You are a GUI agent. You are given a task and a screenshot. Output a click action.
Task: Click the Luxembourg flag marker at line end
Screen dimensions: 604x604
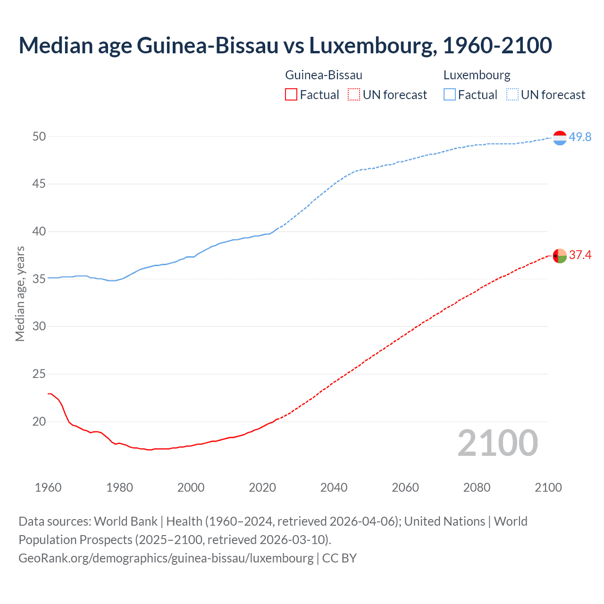[x=560, y=138]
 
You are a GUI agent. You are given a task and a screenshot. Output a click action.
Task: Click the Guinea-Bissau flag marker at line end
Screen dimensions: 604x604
[x=560, y=256]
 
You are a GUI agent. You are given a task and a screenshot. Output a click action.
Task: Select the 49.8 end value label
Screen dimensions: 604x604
[x=580, y=137]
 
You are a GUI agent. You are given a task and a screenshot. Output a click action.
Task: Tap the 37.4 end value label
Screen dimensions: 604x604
[x=580, y=255]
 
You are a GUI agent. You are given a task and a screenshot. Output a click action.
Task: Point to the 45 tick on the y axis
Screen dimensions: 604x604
[x=39, y=184]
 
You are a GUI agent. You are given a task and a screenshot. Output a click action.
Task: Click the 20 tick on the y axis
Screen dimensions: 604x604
[x=39, y=421]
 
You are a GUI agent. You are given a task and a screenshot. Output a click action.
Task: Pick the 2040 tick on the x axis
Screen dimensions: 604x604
[x=334, y=487]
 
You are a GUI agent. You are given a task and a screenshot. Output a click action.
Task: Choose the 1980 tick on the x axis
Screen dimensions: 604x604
[x=119, y=487]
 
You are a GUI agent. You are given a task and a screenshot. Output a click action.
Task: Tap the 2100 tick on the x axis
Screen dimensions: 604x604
[x=548, y=487]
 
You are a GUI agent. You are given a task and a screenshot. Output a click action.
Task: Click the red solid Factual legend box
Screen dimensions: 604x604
[x=291, y=95]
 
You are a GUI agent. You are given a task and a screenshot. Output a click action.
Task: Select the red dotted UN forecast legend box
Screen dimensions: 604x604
[x=354, y=95]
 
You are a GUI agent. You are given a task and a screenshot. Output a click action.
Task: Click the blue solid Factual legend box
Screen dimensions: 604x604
[x=449, y=95]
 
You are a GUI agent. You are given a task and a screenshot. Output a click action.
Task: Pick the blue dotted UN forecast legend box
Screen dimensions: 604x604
[x=512, y=95]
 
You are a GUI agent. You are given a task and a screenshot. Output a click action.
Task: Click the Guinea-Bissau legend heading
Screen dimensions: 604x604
[x=324, y=75]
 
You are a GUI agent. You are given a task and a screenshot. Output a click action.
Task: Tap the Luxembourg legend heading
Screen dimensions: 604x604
[x=477, y=75]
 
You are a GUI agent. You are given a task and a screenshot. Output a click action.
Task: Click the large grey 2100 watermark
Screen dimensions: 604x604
[x=497, y=443]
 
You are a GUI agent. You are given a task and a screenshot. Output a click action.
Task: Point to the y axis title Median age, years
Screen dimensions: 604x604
[x=20, y=294]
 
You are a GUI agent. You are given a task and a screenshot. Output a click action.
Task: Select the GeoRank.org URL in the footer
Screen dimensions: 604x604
[x=166, y=558]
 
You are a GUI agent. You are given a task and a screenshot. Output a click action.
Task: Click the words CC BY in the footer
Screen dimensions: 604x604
[x=339, y=558]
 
